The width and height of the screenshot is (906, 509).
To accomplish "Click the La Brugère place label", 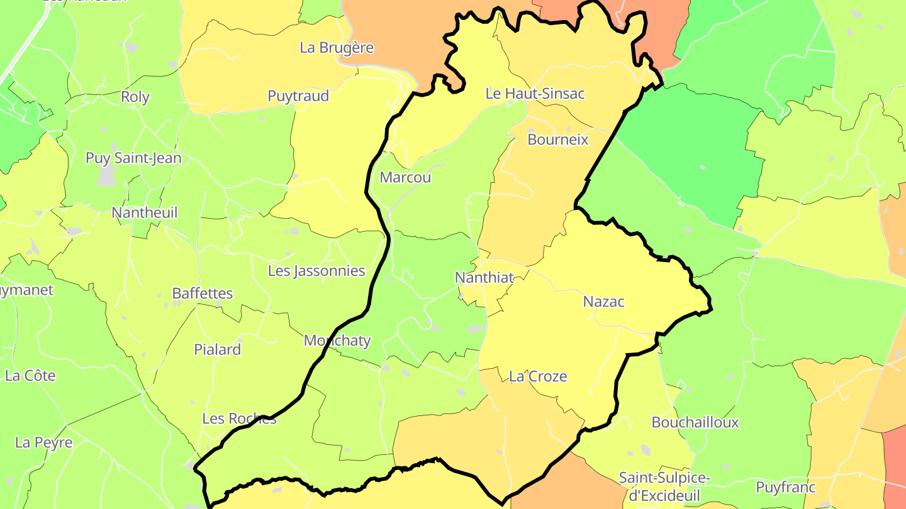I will pos(337,48).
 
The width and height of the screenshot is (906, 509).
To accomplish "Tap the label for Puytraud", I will pos(298,96).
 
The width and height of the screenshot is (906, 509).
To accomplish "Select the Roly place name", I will pos(135,97).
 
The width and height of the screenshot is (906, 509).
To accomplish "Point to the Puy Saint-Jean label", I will pos(133,158).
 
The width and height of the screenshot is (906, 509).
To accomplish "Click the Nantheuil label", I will pos(145,213).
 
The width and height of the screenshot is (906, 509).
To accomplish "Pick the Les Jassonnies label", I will pos(316,271).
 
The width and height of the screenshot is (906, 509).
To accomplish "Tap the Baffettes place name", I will pos(203,293).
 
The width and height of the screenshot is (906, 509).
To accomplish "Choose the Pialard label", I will pos(218,349).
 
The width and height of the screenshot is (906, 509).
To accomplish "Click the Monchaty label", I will pos(337,341).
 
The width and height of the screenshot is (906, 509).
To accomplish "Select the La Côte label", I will pos(30,376).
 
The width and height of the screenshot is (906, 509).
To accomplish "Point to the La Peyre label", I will pos(44,442).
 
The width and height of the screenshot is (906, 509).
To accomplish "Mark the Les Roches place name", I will pos(239,419).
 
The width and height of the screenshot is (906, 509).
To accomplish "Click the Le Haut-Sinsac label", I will pos(535,94).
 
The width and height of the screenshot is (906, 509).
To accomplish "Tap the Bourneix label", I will pos(558,140).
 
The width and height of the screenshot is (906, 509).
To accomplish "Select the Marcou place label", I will pos(406,177).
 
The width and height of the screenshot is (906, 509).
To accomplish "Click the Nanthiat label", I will pos(484,277).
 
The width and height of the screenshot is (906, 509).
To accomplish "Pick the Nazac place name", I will pos(604,302).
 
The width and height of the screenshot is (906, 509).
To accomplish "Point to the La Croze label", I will pos(538,376).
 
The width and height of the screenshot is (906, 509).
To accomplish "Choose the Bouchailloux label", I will pos(695,422).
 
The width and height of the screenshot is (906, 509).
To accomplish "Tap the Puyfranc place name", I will pos(786,487).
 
